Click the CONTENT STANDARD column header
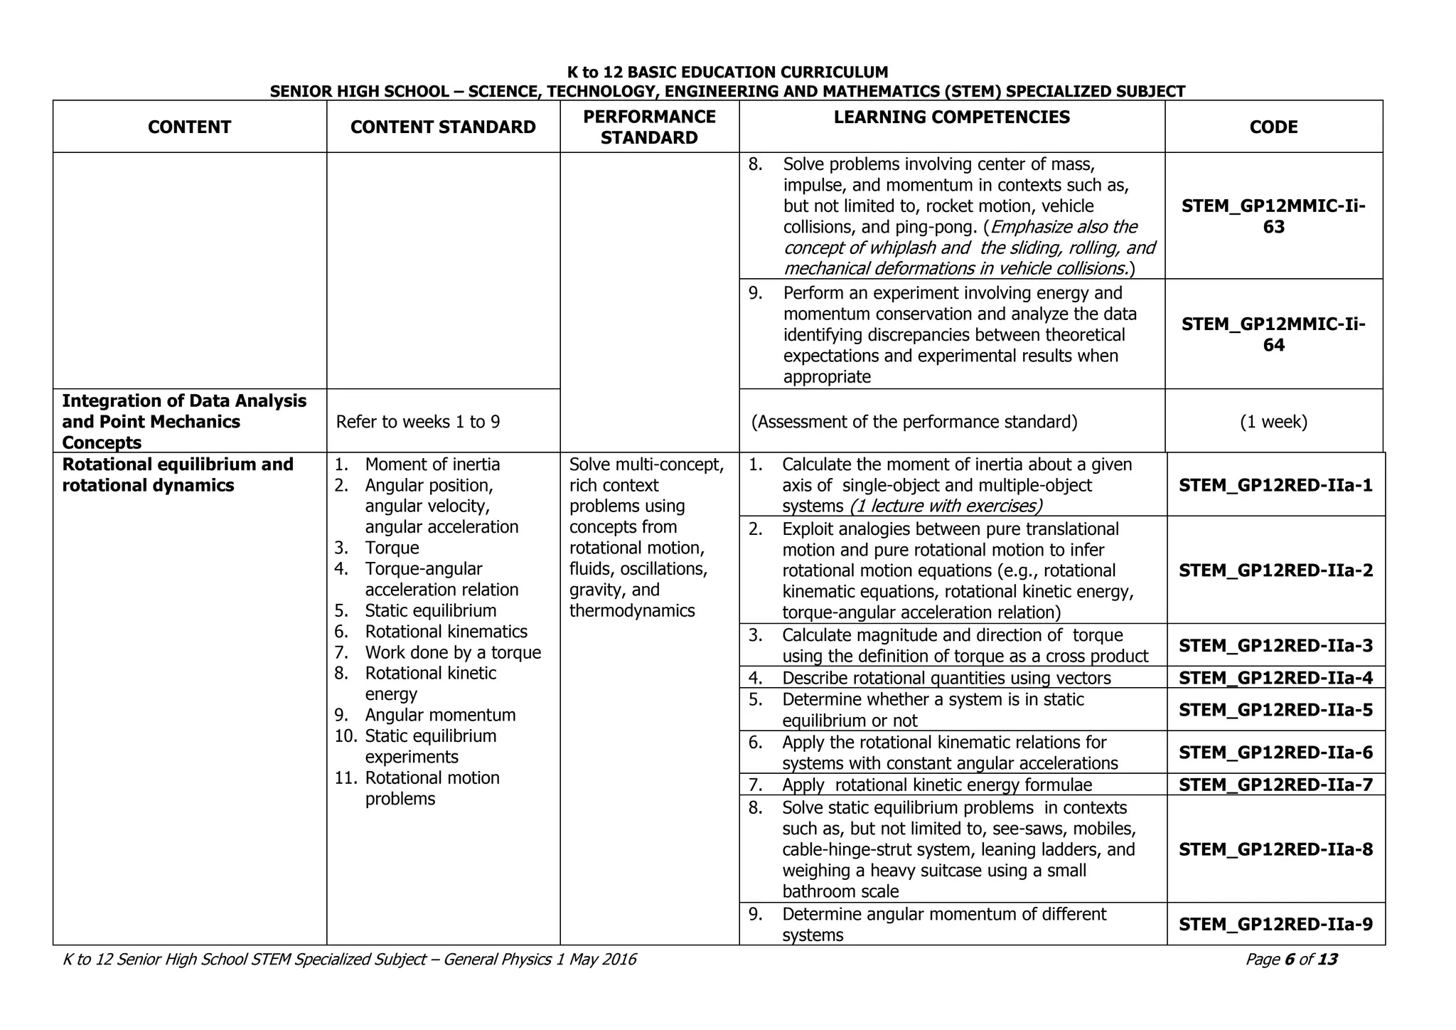442,127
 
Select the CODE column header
1273,127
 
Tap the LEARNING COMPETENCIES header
951,117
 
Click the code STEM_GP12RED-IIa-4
1275,677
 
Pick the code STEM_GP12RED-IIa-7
1275,785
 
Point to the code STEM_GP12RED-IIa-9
1275,924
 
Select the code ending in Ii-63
1273,216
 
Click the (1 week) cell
1273,422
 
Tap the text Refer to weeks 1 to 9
418,422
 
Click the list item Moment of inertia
432,464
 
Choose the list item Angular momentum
440,715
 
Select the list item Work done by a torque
453,652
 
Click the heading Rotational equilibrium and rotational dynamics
178,474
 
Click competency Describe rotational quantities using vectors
946,678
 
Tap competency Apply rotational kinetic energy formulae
936,785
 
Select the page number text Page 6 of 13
1291,960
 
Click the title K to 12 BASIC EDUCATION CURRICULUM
727,72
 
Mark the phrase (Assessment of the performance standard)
914,422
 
